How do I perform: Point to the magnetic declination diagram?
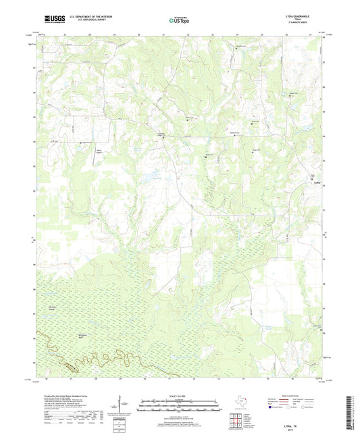(x=118, y=408)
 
